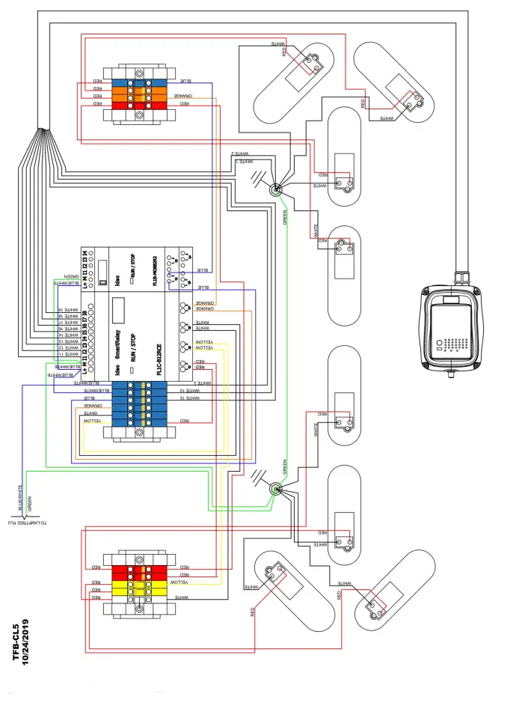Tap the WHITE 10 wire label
[x=189, y=391]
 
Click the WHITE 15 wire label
[x=189, y=398]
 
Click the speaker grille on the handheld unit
[x=455, y=345]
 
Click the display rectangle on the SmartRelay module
[x=118, y=310]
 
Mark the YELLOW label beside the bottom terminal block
[x=181, y=582]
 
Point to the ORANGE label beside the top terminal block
[x=183, y=96]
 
